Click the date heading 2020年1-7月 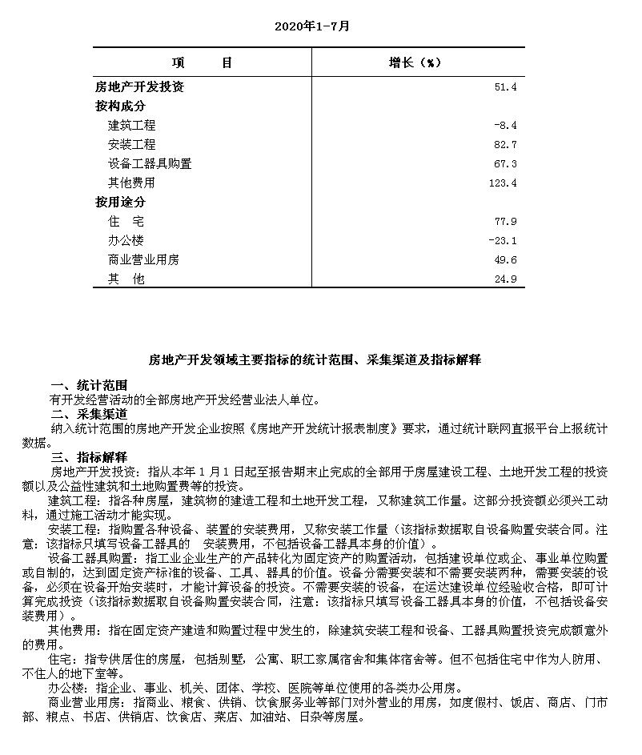(x=311, y=26)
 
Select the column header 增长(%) (x=415, y=62)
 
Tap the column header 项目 (x=202, y=62)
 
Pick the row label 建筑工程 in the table (x=131, y=125)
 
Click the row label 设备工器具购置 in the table (x=150, y=163)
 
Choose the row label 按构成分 (x=120, y=106)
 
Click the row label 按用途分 (x=120, y=202)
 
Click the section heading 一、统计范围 (x=89, y=385)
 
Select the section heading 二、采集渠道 (x=89, y=414)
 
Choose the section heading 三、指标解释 (x=89, y=457)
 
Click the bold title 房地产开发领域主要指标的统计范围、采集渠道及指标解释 (x=315, y=360)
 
